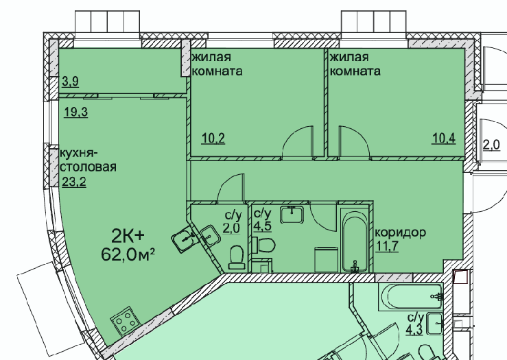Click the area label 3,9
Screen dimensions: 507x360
[70, 82]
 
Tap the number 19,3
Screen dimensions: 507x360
[76, 112]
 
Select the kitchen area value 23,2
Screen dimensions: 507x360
[74, 182]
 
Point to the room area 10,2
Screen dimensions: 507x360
[213, 139]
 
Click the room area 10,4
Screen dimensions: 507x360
[445, 139]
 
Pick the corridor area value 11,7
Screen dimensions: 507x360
[387, 246]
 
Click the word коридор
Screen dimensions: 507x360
[400, 232]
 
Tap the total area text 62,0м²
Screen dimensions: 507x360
[128, 255]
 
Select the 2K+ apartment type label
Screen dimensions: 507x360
[128, 237]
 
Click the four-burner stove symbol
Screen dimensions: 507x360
[126, 320]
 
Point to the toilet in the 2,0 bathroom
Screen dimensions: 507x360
[237, 258]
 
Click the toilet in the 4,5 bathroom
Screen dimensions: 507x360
[263, 244]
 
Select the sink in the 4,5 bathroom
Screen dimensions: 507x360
[292, 215]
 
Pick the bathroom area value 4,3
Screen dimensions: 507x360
[414, 331]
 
